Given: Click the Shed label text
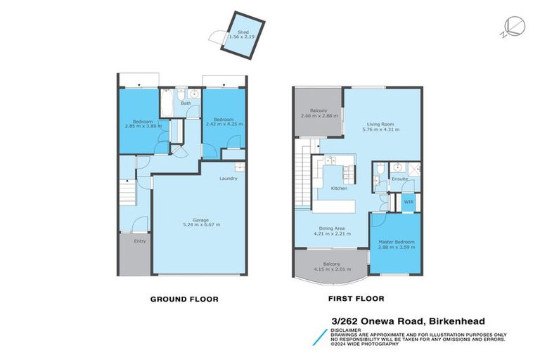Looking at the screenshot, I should (x=243, y=32).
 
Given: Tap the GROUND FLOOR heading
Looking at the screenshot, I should (x=184, y=299).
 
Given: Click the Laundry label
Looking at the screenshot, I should (x=228, y=179).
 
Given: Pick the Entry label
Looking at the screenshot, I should (x=140, y=241).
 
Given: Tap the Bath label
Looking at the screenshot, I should (x=186, y=103).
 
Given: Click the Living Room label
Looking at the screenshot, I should (x=380, y=124).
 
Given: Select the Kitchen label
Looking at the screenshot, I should (x=340, y=188).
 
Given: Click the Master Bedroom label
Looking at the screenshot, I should (x=397, y=243).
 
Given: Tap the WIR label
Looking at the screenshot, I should (x=408, y=202).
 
